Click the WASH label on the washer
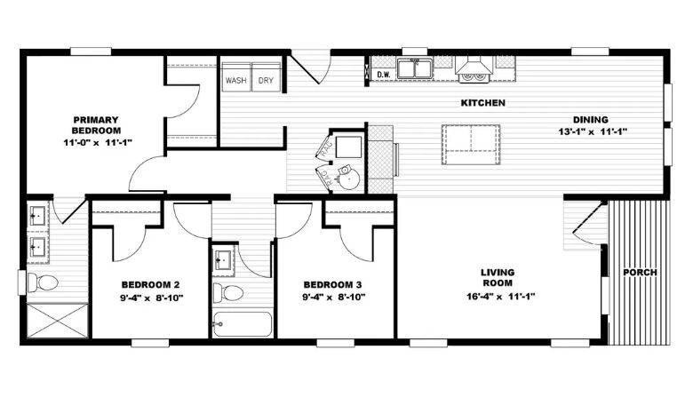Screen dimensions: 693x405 236,81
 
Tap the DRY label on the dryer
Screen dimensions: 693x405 266,81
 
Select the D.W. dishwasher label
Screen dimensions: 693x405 384,75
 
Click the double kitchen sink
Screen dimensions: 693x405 414,69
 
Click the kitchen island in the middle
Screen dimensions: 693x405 471,145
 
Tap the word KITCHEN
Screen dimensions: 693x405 483,103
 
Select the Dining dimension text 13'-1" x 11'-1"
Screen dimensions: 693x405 593,131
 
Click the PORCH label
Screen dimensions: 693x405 640,273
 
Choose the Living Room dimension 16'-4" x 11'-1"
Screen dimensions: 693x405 501,297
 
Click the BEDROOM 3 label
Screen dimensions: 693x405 333,285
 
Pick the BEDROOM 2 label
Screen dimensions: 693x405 150,285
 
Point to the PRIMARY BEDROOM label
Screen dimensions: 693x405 96,125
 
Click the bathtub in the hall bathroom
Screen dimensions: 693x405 243,324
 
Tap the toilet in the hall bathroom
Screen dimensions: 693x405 228,292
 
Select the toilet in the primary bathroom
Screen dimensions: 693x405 43,282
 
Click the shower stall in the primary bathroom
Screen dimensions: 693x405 58,321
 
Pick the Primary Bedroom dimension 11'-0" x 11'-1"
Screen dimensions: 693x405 98,142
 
